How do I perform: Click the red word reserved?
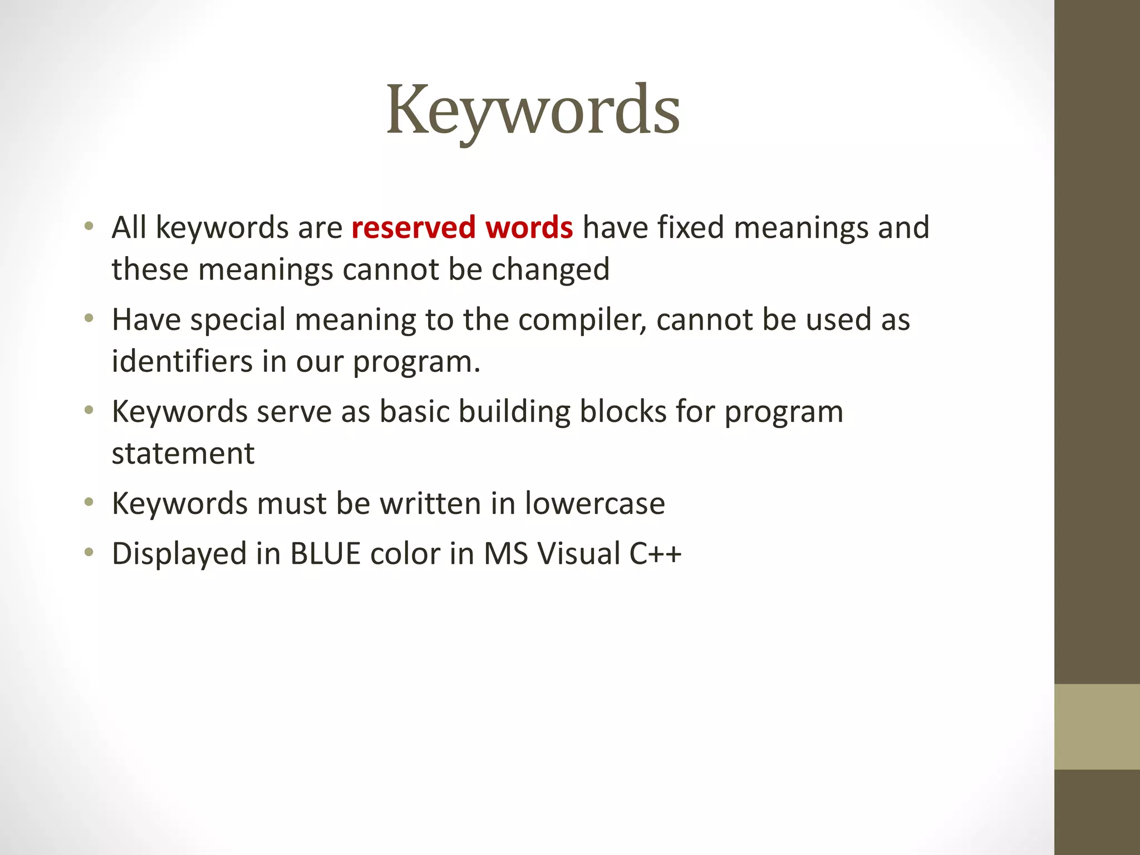[x=413, y=228]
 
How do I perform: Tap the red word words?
[x=529, y=228]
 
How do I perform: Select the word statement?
[x=183, y=454]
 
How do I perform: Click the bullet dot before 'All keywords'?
[x=89, y=227]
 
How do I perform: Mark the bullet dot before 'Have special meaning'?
[x=89, y=319]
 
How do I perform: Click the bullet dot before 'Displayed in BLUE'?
[x=89, y=553]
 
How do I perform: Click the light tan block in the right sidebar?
[x=1097, y=726]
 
